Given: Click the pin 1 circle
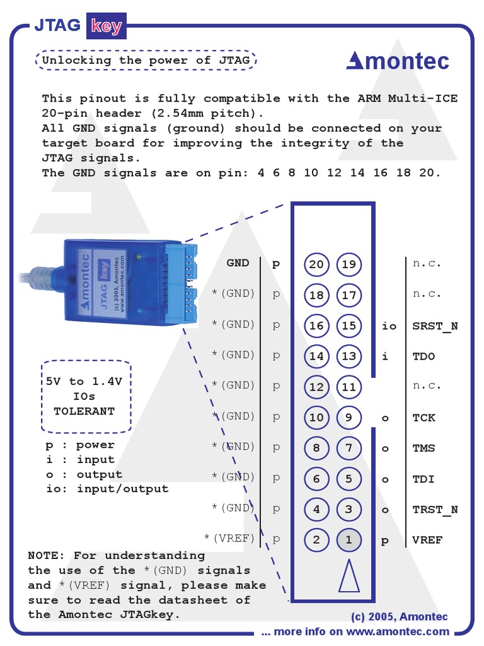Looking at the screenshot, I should click(349, 539).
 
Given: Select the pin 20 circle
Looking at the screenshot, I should click(316, 264).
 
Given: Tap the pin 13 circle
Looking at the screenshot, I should click(349, 356).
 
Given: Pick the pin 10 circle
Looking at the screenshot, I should click(316, 418).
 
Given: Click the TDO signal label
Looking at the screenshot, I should click(423, 356).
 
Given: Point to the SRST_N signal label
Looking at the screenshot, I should click(435, 326).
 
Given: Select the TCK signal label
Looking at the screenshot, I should click(423, 418).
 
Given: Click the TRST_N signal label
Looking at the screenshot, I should click(435, 510).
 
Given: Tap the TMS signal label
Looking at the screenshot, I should click(423, 449).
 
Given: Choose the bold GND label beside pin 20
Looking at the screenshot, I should click(238, 263).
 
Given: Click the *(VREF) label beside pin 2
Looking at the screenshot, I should click(229, 538).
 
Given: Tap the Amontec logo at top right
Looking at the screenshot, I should click(398, 61).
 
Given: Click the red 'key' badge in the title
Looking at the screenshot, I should click(106, 26).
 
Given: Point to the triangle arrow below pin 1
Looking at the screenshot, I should click(349, 575).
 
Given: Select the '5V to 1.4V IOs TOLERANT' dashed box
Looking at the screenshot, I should click(86, 396).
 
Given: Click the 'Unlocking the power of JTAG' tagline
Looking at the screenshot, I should click(146, 61).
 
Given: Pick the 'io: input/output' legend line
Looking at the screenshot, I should click(107, 489).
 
